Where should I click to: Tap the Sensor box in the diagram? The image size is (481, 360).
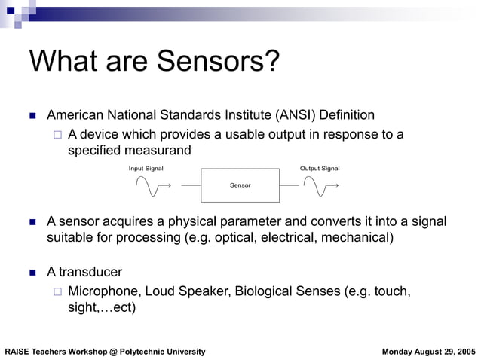[x=240, y=185]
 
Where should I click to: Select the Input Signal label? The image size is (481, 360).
[x=146, y=168]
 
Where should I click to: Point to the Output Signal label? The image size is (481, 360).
[x=320, y=168]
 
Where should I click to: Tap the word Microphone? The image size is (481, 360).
[x=103, y=291]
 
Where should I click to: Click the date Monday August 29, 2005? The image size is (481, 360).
[x=429, y=352]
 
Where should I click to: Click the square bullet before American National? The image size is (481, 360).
[x=32, y=116]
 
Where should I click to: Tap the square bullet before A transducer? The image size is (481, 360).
[x=32, y=272]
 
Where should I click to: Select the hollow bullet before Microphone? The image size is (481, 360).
[x=57, y=291]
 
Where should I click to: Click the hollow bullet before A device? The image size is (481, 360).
[x=57, y=136]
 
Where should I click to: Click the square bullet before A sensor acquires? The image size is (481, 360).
[x=32, y=222]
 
